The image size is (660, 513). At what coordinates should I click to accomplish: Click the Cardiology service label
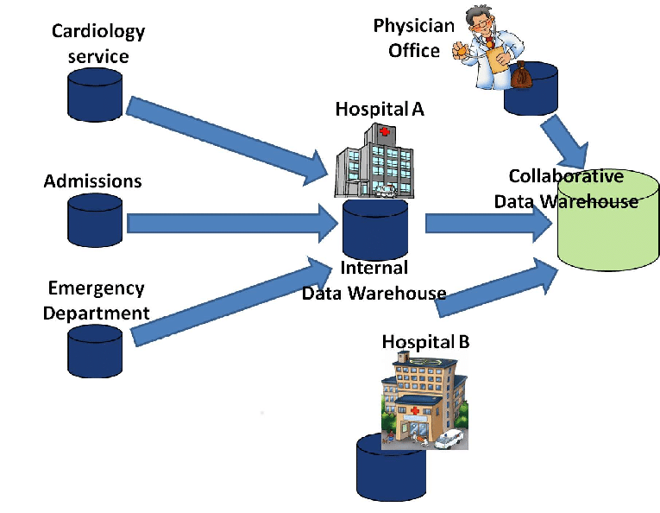click(98, 44)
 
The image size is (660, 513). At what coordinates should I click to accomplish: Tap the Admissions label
click(92, 181)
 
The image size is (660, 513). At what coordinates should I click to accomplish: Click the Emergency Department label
click(96, 301)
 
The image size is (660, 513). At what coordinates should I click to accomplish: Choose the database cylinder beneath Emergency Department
click(95, 345)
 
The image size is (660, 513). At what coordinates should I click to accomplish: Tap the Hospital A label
click(380, 110)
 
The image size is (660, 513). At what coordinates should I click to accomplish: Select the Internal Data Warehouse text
click(374, 281)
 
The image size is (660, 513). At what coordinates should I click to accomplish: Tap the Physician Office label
click(413, 38)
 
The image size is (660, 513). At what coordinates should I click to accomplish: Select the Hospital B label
click(425, 341)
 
